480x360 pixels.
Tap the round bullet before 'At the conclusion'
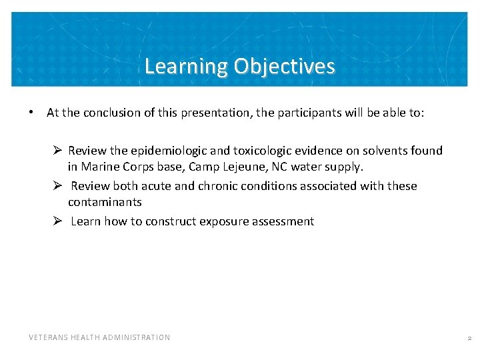point(31,113)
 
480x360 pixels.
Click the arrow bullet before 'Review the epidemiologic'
point(59,151)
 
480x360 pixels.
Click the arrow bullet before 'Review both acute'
point(59,186)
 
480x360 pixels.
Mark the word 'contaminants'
point(105,202)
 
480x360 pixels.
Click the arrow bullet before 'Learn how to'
point(59,221)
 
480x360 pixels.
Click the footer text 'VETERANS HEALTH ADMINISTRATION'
point(99,337)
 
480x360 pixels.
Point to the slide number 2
point(469,338)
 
